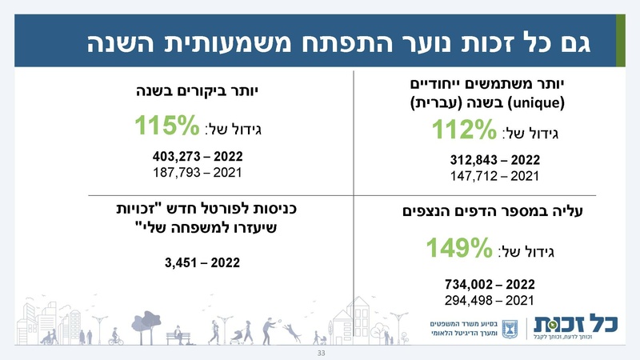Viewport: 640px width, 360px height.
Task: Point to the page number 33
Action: [x=322, y=353]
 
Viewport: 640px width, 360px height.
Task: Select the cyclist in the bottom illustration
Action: [x=117, y=337]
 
